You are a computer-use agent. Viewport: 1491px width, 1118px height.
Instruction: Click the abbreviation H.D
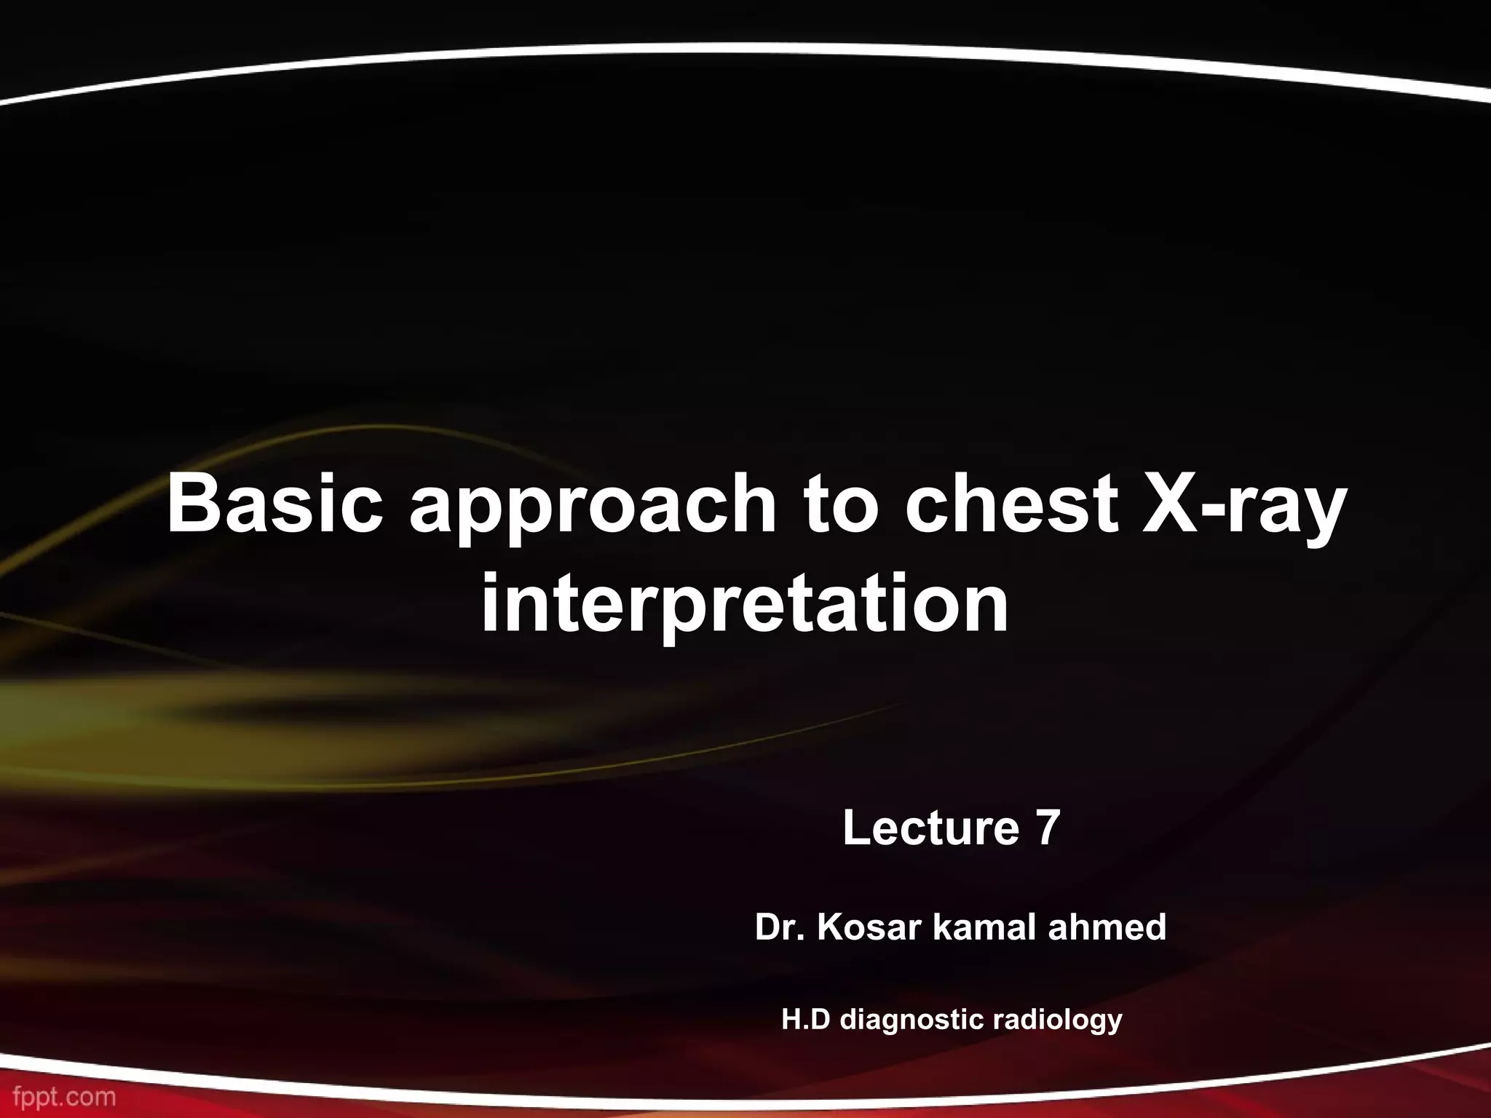point(806,1020)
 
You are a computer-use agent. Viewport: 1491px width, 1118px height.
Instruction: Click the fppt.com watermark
point(59,1097)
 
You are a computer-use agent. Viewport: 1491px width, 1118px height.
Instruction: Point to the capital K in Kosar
point(828,928)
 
